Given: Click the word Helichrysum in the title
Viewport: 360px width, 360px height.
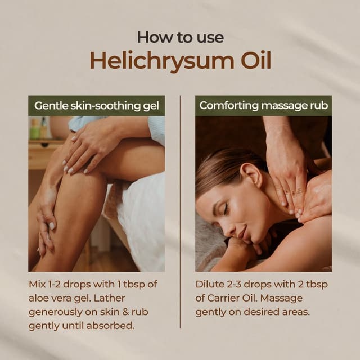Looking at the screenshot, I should tap(160, 61).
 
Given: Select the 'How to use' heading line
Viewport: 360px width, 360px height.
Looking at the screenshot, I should tap(180, 37).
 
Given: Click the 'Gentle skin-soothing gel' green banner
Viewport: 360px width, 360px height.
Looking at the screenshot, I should tap(96, 106).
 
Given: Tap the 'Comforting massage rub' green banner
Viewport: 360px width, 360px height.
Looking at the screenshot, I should tap(263, 106).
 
